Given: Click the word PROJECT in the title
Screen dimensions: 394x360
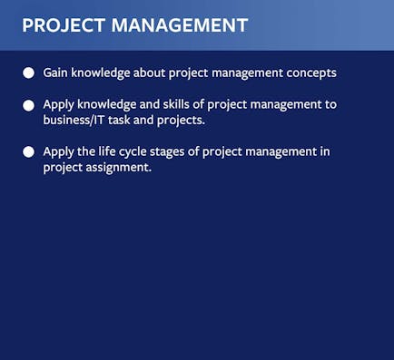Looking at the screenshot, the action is [x=64, y=25].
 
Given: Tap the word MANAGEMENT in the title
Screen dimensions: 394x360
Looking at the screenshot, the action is [x=180, y=25].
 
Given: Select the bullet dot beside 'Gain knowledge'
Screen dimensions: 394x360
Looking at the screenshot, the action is [x=28, y=73].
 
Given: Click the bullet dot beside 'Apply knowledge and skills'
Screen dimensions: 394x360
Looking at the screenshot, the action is [x=28, y=105].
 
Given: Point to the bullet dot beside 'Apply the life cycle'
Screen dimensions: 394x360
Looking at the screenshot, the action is [x=28, y=152].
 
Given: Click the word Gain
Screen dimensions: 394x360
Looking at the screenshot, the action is [x=55, y=73].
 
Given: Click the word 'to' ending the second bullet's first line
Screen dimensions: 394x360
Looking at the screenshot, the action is [x=330, y=105].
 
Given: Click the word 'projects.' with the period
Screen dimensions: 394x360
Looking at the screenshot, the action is [x=181, y=121].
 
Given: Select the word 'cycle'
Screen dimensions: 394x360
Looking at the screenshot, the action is [x=133, y=152].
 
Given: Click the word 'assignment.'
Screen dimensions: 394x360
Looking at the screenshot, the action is [x=118, y=168].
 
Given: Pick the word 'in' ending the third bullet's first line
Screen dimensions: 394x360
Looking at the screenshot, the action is [x=325, y=151].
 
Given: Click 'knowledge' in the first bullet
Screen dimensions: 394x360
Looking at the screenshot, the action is [x=101, y=73].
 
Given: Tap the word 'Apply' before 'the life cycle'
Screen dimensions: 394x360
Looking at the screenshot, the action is [x=58, y=152].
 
